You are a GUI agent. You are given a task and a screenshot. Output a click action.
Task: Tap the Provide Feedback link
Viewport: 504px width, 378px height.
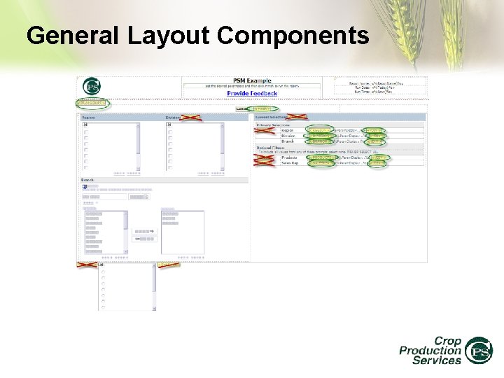252,93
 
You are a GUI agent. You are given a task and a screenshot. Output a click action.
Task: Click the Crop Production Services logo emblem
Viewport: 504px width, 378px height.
479,350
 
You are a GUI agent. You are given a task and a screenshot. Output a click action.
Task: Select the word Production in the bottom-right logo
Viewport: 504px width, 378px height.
430,350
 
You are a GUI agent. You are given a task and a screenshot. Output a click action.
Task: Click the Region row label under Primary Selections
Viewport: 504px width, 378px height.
288,130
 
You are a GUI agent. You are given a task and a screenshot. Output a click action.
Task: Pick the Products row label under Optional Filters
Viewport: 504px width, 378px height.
289,157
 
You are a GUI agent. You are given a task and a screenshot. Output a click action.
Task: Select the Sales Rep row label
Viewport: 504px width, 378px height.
289,163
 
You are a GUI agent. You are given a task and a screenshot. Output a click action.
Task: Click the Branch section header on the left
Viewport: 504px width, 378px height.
88,180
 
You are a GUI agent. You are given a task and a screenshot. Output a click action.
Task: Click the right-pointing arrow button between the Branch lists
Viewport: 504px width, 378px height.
146,230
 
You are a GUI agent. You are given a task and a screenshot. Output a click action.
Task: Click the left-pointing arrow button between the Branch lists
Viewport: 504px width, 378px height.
146,238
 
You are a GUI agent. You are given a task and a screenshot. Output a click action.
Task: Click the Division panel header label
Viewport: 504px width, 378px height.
173,118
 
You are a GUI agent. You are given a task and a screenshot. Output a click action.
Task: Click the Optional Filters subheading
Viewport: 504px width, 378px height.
272,148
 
